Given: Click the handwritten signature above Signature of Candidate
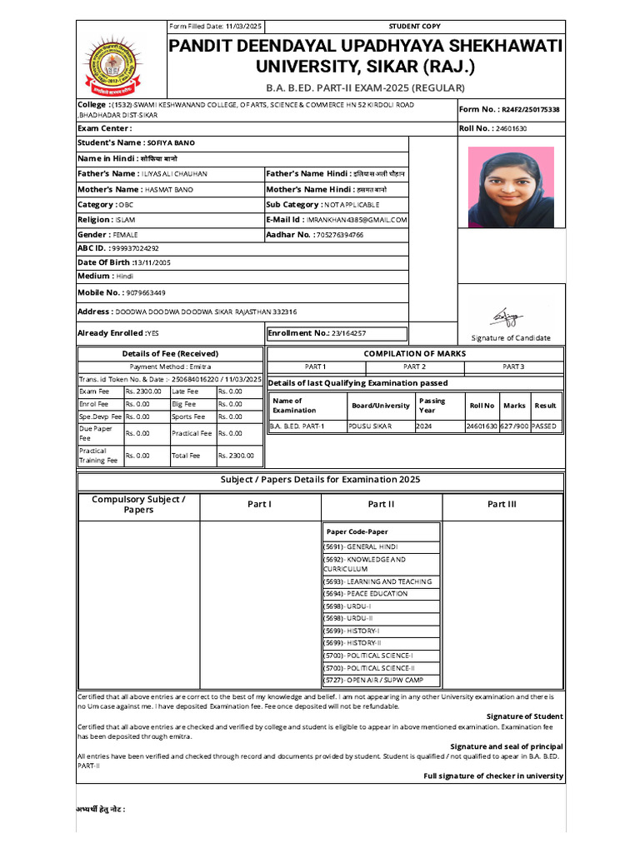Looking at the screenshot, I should coord(503,317).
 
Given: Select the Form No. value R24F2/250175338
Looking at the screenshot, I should coord(530,109).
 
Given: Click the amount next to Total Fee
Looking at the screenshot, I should coord(236,456).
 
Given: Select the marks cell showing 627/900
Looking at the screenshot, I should coord(514,426).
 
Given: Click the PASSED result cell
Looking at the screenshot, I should coord(544,426).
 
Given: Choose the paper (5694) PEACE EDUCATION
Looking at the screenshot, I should coord(366,594).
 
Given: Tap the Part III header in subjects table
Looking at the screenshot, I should coord(502,504).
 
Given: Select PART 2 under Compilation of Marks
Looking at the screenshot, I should coord(414,367).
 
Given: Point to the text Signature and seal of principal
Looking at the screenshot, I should coord(506,746).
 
